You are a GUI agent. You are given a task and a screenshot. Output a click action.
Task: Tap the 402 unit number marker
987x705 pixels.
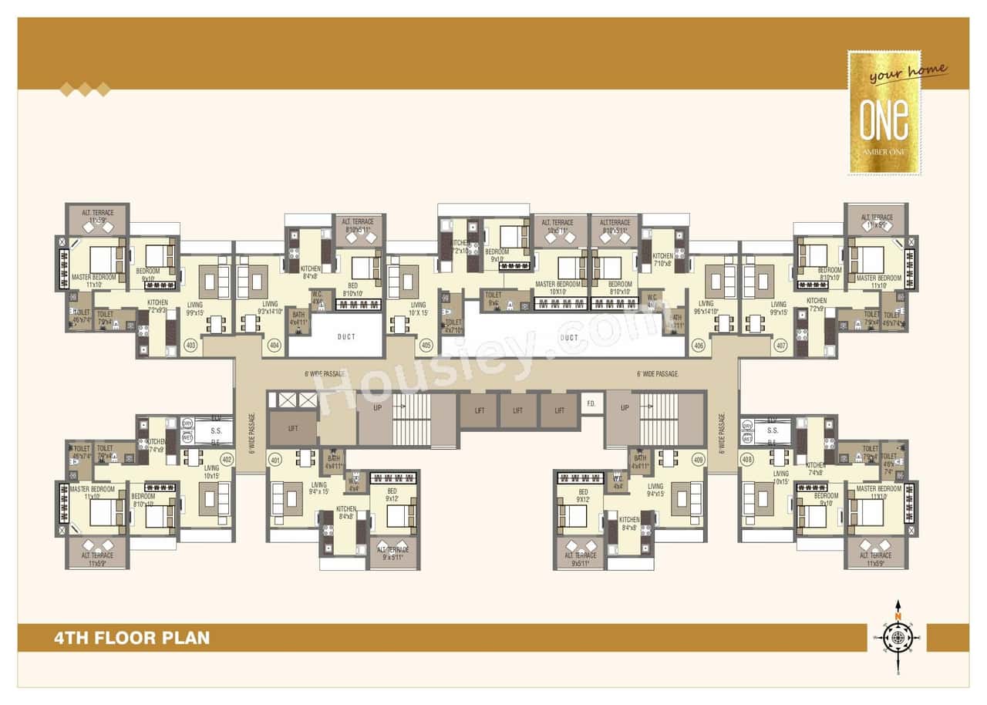coord(226,459)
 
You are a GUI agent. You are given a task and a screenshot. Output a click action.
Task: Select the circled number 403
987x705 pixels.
coord(191,346)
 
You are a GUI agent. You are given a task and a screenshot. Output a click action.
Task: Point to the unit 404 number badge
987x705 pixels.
coord(274,346)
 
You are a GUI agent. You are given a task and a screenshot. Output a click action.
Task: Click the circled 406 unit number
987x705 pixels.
coord(699,346)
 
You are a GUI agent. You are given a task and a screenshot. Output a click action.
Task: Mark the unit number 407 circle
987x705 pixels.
coord(781,346)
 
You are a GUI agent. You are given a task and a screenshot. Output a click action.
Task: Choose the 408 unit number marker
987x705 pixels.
coord(746,459)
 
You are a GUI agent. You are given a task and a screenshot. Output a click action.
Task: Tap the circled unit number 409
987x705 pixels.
coord(699,460)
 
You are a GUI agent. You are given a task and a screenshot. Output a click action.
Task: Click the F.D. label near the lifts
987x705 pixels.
coord(591,403)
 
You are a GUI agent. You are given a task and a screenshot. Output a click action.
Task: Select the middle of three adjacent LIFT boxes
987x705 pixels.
coord(518,410)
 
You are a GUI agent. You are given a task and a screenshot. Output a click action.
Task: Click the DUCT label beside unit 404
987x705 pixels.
coord(346,337)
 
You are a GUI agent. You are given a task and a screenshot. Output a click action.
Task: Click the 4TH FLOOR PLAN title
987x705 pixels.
coord(132,638)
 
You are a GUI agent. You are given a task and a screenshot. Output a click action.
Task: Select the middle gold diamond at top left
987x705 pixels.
coord(85,90)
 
